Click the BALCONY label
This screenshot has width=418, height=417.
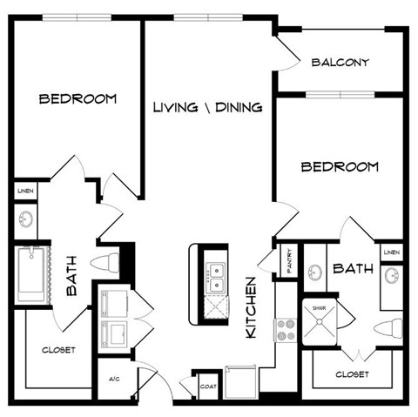click(340, 63)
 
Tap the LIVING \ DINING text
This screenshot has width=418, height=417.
click(208, 108)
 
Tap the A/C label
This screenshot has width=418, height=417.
click(114, 380)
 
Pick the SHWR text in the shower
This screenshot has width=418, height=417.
click(311, 306)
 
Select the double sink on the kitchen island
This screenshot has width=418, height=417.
click(213, 276)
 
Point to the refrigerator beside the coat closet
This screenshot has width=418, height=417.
click(241, 381)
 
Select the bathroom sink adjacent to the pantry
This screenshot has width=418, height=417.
click(313, 272)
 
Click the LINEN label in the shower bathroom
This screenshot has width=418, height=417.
click(391, 253)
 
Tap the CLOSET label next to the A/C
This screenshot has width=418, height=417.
click(59, 350)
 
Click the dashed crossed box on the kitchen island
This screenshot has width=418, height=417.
click(212, 305)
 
